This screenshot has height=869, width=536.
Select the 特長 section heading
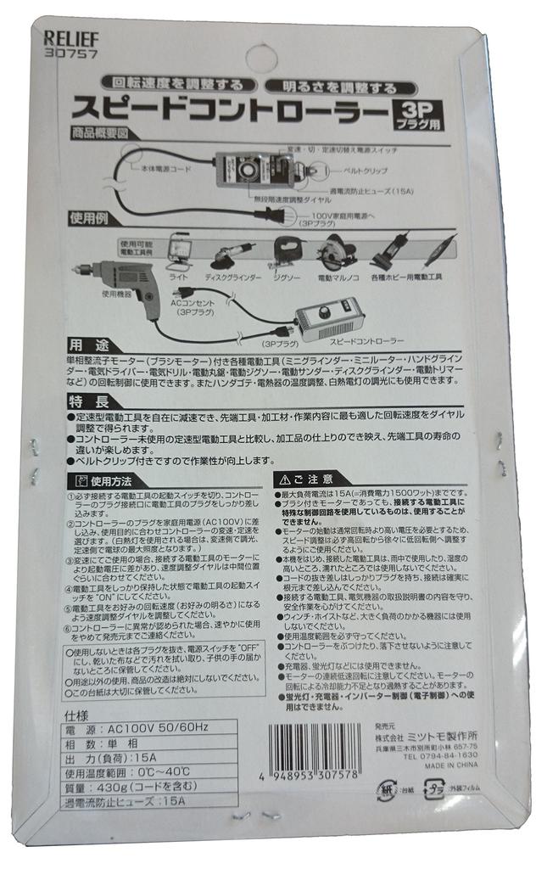(87, 399)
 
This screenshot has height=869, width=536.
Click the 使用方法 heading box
(101, 481)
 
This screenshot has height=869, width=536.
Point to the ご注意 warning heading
(309, 478)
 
